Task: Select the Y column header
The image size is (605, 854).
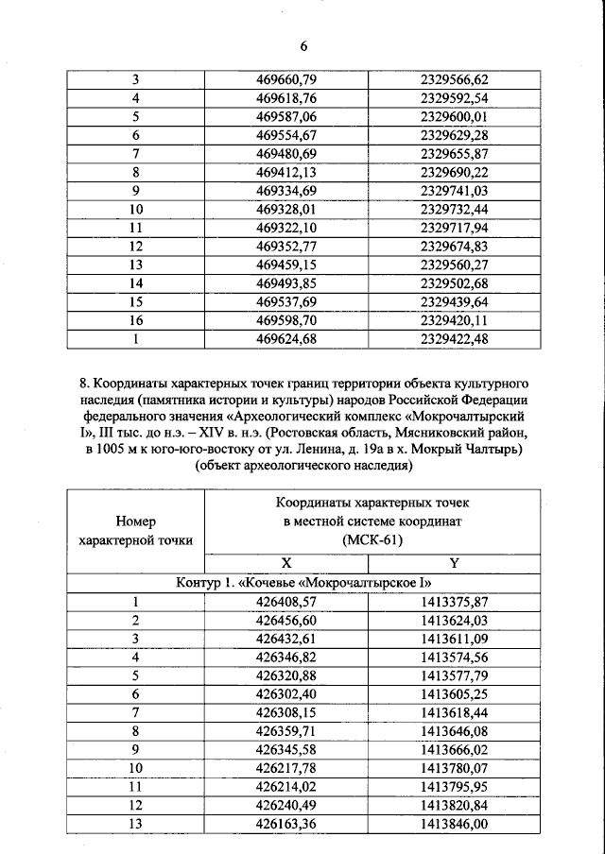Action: coord(454,562)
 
